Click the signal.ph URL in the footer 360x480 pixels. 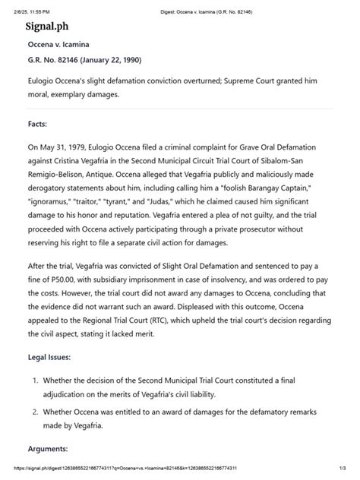pos(106,469)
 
